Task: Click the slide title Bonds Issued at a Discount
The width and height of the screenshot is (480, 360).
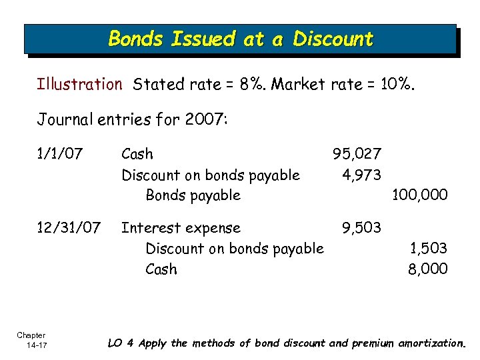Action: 241,39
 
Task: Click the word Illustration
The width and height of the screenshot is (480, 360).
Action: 79,85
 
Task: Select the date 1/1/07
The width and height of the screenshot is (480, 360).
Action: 60,154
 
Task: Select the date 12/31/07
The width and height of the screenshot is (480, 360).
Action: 68,228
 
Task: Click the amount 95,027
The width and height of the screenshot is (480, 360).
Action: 357,154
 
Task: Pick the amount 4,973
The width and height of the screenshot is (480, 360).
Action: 361,175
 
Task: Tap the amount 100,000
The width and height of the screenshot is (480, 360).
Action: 420,195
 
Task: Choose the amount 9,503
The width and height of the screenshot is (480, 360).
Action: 361,228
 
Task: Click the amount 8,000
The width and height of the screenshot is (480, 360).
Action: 427,269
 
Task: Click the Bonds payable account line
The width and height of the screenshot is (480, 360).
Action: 193,195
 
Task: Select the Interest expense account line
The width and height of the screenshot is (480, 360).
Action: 180,228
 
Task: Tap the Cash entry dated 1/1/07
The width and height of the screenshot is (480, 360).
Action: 137,154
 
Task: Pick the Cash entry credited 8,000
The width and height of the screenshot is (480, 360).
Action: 161,269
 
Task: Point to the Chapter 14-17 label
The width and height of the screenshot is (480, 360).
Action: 31,340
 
